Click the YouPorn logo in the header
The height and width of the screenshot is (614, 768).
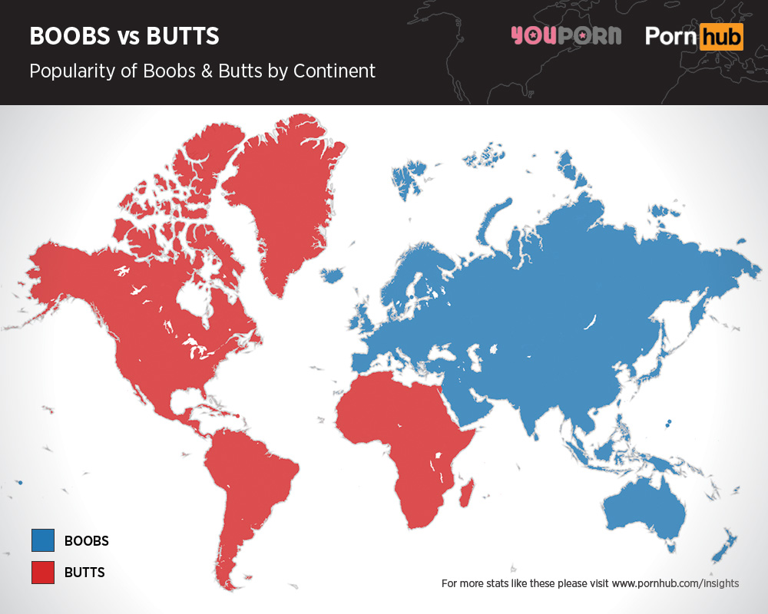pos(566,35)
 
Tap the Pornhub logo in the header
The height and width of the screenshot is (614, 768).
pos(694,36)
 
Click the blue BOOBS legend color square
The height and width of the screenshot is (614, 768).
pos(43,540)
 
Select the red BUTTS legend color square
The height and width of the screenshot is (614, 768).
pos(43,572)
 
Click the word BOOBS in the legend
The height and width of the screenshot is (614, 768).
pos(86,540)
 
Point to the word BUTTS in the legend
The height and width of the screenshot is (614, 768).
pos(84,572)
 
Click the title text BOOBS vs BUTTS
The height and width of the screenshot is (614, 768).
pos(124,36)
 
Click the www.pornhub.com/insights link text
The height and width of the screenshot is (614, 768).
pos(675,583)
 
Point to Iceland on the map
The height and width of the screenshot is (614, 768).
pos(331,275)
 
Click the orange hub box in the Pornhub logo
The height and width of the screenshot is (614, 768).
pos(721,36)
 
